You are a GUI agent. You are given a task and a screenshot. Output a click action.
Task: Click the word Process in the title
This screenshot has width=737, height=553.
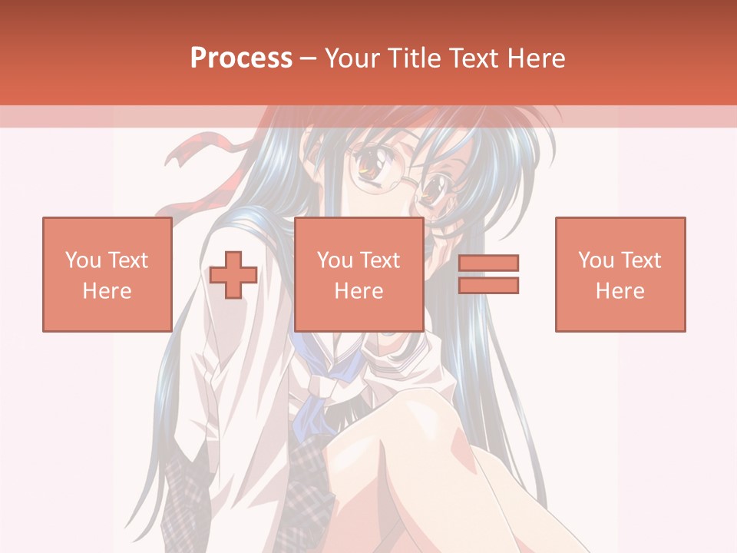(241, 58)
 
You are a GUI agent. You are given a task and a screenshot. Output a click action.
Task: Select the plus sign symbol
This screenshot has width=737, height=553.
(233, 274)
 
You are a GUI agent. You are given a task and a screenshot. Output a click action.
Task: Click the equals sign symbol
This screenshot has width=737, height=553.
(488, 274)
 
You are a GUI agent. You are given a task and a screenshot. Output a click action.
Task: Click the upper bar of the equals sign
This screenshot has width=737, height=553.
(488, 263)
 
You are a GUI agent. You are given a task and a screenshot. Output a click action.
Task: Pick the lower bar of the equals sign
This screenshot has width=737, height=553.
(488, 286)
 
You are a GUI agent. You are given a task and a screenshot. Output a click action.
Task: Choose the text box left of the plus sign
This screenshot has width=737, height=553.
(107, 274)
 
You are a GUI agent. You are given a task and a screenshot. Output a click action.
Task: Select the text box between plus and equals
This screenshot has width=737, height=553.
(359, 274)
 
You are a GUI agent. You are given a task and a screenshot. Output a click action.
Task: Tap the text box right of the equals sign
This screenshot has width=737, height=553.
(620, 274)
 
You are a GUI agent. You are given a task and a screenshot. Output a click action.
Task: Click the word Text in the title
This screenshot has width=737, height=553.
(470, 58)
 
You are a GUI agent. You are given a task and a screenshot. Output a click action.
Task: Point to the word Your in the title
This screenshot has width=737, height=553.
(350, 58)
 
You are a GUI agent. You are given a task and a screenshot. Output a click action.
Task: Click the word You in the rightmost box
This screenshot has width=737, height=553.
(595, 260)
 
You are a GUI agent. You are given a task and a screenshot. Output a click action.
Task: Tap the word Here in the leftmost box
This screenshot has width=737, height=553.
(107, 291)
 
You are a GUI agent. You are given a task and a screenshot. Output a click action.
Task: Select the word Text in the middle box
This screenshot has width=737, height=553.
(381, 260)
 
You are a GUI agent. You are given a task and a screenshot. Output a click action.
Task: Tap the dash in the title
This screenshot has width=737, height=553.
(309, 58)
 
